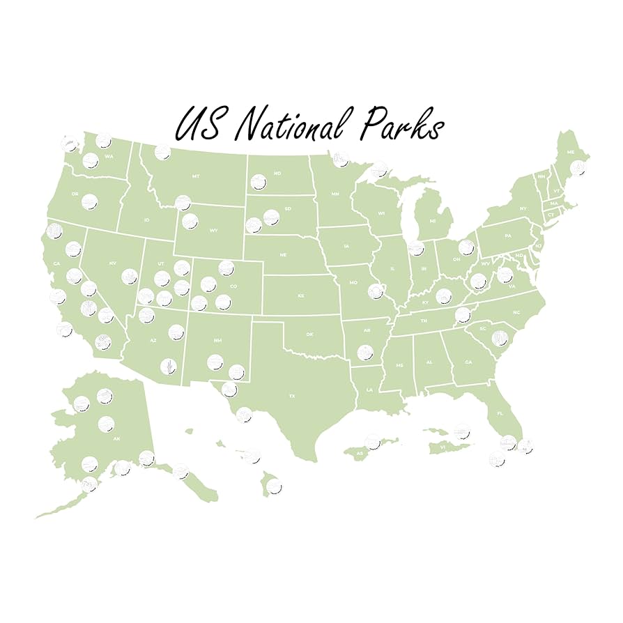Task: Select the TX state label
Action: [x=293, y=395]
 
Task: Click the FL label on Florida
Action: [x=500, y=413]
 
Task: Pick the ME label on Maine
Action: [x=571, y=152]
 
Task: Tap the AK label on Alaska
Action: [x=116, y=438]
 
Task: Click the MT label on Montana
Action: [x=196, y=176]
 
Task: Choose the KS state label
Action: [x=301, y=295]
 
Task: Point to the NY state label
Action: [x=523, y=208]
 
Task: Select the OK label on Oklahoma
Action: [x=310, y=334]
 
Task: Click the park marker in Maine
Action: [x=578, y=167]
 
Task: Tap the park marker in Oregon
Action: [x=89, y=202]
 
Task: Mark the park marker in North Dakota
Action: [x=259, y=183]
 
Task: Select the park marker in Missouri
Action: [x=377, y=290]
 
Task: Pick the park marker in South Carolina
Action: [x=499, y=339]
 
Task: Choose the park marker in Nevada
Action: [x=129, y=277]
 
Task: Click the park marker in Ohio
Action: [x=466, y=247]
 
